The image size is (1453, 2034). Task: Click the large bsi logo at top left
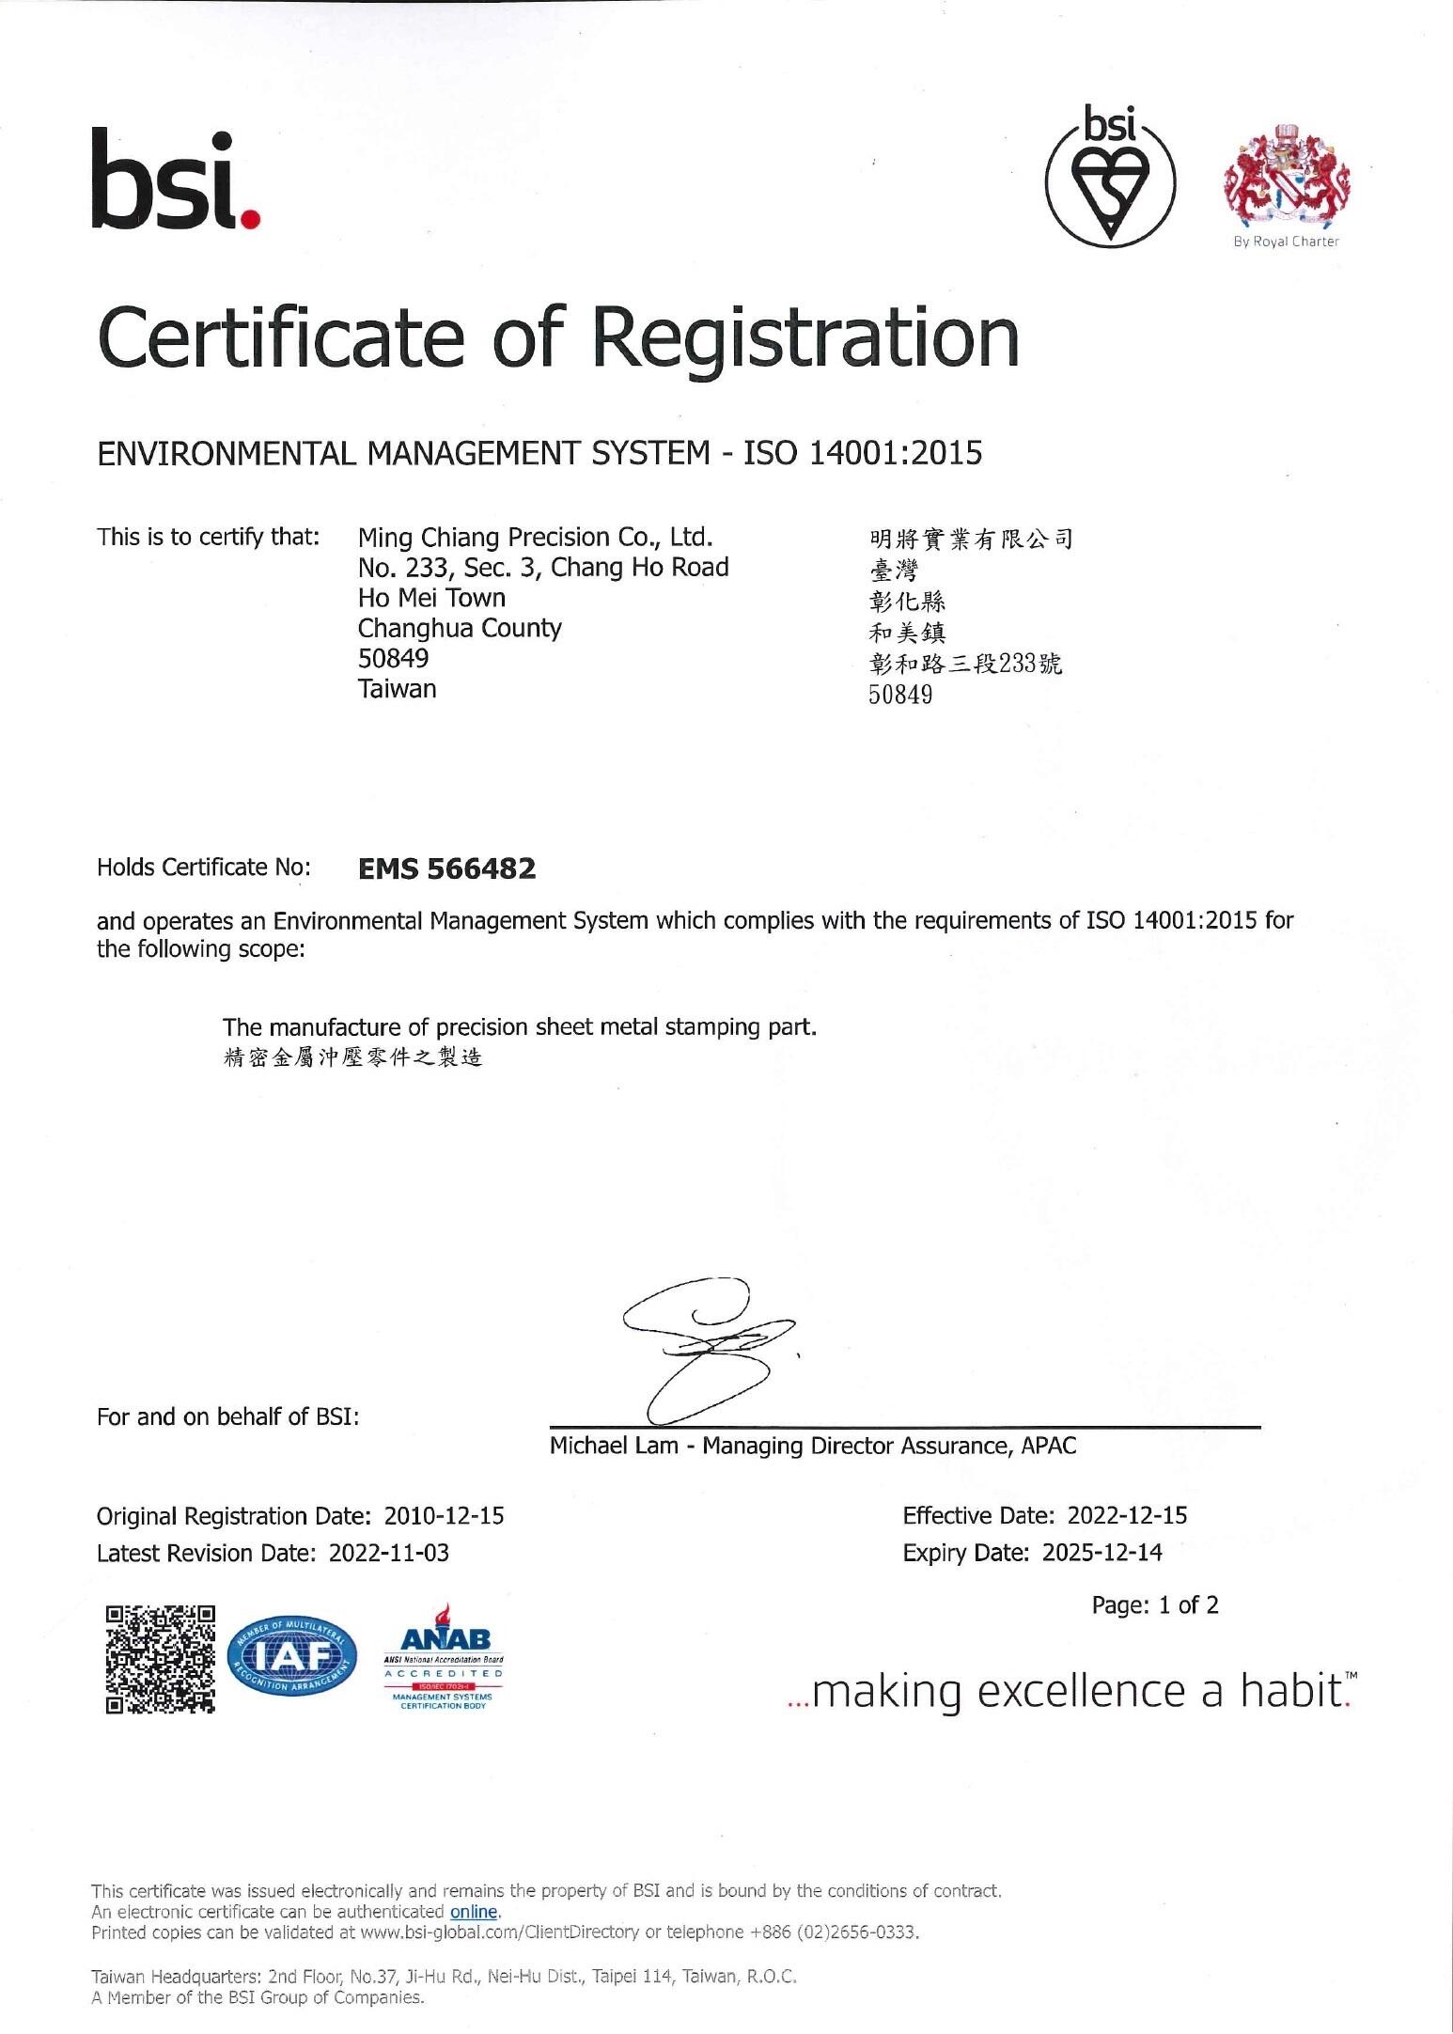coord(176,181)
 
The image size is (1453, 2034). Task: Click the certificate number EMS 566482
coord(447,868)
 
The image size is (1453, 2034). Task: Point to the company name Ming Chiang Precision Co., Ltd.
coord(535,538)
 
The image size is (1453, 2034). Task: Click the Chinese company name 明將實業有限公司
coord(971,539)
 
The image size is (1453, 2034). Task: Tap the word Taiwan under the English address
coord(397,689)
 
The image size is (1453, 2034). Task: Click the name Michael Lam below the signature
coord(613,1446)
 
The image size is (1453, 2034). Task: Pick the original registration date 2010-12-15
coord(444,1516)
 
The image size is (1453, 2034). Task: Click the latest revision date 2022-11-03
coord(388,1553)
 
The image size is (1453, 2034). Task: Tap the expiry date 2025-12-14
coord(1101,1553)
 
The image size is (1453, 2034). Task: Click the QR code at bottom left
coord(161,1659)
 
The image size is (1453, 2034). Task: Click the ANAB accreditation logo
coord(444,1659)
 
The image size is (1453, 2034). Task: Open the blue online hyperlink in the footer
coord(474,1911)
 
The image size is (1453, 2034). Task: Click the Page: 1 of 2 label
coord(1154,1604)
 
